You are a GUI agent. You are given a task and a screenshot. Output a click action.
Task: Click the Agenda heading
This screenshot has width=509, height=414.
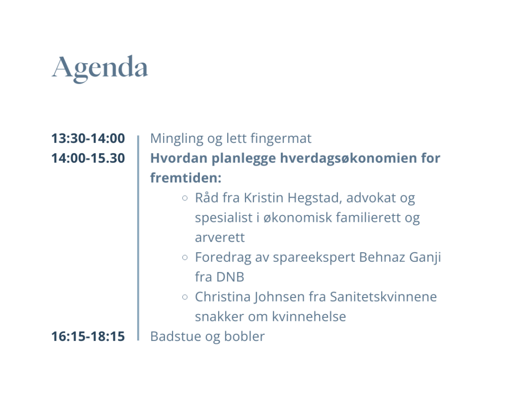pos(99,69)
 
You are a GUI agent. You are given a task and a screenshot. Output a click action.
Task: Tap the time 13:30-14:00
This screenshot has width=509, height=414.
pos(88,138)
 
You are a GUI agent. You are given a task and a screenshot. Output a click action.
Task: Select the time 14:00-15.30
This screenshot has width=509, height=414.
pos(88,158)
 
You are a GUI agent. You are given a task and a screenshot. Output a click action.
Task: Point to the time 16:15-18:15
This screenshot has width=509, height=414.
pos(88,336)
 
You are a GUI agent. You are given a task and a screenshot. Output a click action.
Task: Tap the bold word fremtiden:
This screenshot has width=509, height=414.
pos(186,178)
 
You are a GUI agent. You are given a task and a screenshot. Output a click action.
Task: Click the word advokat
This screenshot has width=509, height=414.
pos(371,198)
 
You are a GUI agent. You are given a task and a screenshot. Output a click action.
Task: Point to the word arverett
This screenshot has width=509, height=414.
pos(219,237)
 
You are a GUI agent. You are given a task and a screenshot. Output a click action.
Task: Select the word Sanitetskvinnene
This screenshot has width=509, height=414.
pos(383,297)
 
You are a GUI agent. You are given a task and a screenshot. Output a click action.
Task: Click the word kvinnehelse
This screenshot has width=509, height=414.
pos(309,317)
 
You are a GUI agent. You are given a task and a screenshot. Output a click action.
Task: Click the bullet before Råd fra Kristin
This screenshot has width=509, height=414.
pos(185,198)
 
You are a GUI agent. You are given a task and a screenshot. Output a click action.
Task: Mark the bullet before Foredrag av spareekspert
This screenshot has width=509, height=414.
pos(185,257)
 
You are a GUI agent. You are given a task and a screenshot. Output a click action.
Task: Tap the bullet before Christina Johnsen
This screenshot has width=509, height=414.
pos(185,297)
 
